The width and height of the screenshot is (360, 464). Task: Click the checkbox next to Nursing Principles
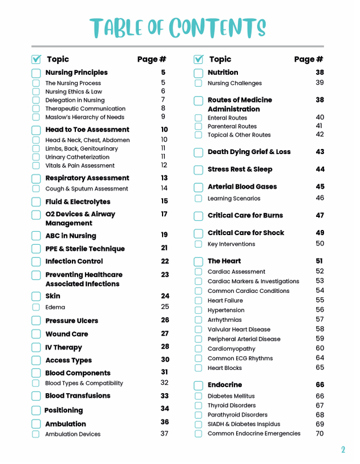point(36,73)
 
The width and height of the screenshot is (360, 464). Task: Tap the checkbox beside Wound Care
point(36,334)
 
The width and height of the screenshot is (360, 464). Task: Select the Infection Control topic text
point(74,261)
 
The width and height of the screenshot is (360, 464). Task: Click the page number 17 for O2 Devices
point(164,214)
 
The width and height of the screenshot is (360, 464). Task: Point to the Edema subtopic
point(55,307)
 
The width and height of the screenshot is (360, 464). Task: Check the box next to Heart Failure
point(198,301)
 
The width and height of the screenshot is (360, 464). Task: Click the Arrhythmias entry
point(224,320)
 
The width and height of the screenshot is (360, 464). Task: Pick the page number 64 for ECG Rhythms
point(319,358)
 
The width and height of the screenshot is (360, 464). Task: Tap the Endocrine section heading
point(225,385)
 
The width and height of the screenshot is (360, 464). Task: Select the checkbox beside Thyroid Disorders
point(198,406)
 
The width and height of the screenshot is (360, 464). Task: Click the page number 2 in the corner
point(343,450)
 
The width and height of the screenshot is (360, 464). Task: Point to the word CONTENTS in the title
point(218,27)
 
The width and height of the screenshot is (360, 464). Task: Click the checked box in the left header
point(36,59)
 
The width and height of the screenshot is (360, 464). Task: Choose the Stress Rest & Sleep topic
point(240,170)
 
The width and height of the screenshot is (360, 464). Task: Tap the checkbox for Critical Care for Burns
point(198,216)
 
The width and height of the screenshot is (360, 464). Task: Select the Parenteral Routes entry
point(232,126)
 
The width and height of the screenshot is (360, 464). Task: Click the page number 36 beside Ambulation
point(164,422)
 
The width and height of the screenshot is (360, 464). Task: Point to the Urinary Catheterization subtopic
point(78,157)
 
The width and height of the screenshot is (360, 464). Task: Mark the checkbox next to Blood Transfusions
point(36,397)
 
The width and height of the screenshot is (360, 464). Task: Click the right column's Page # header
point(309,59)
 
